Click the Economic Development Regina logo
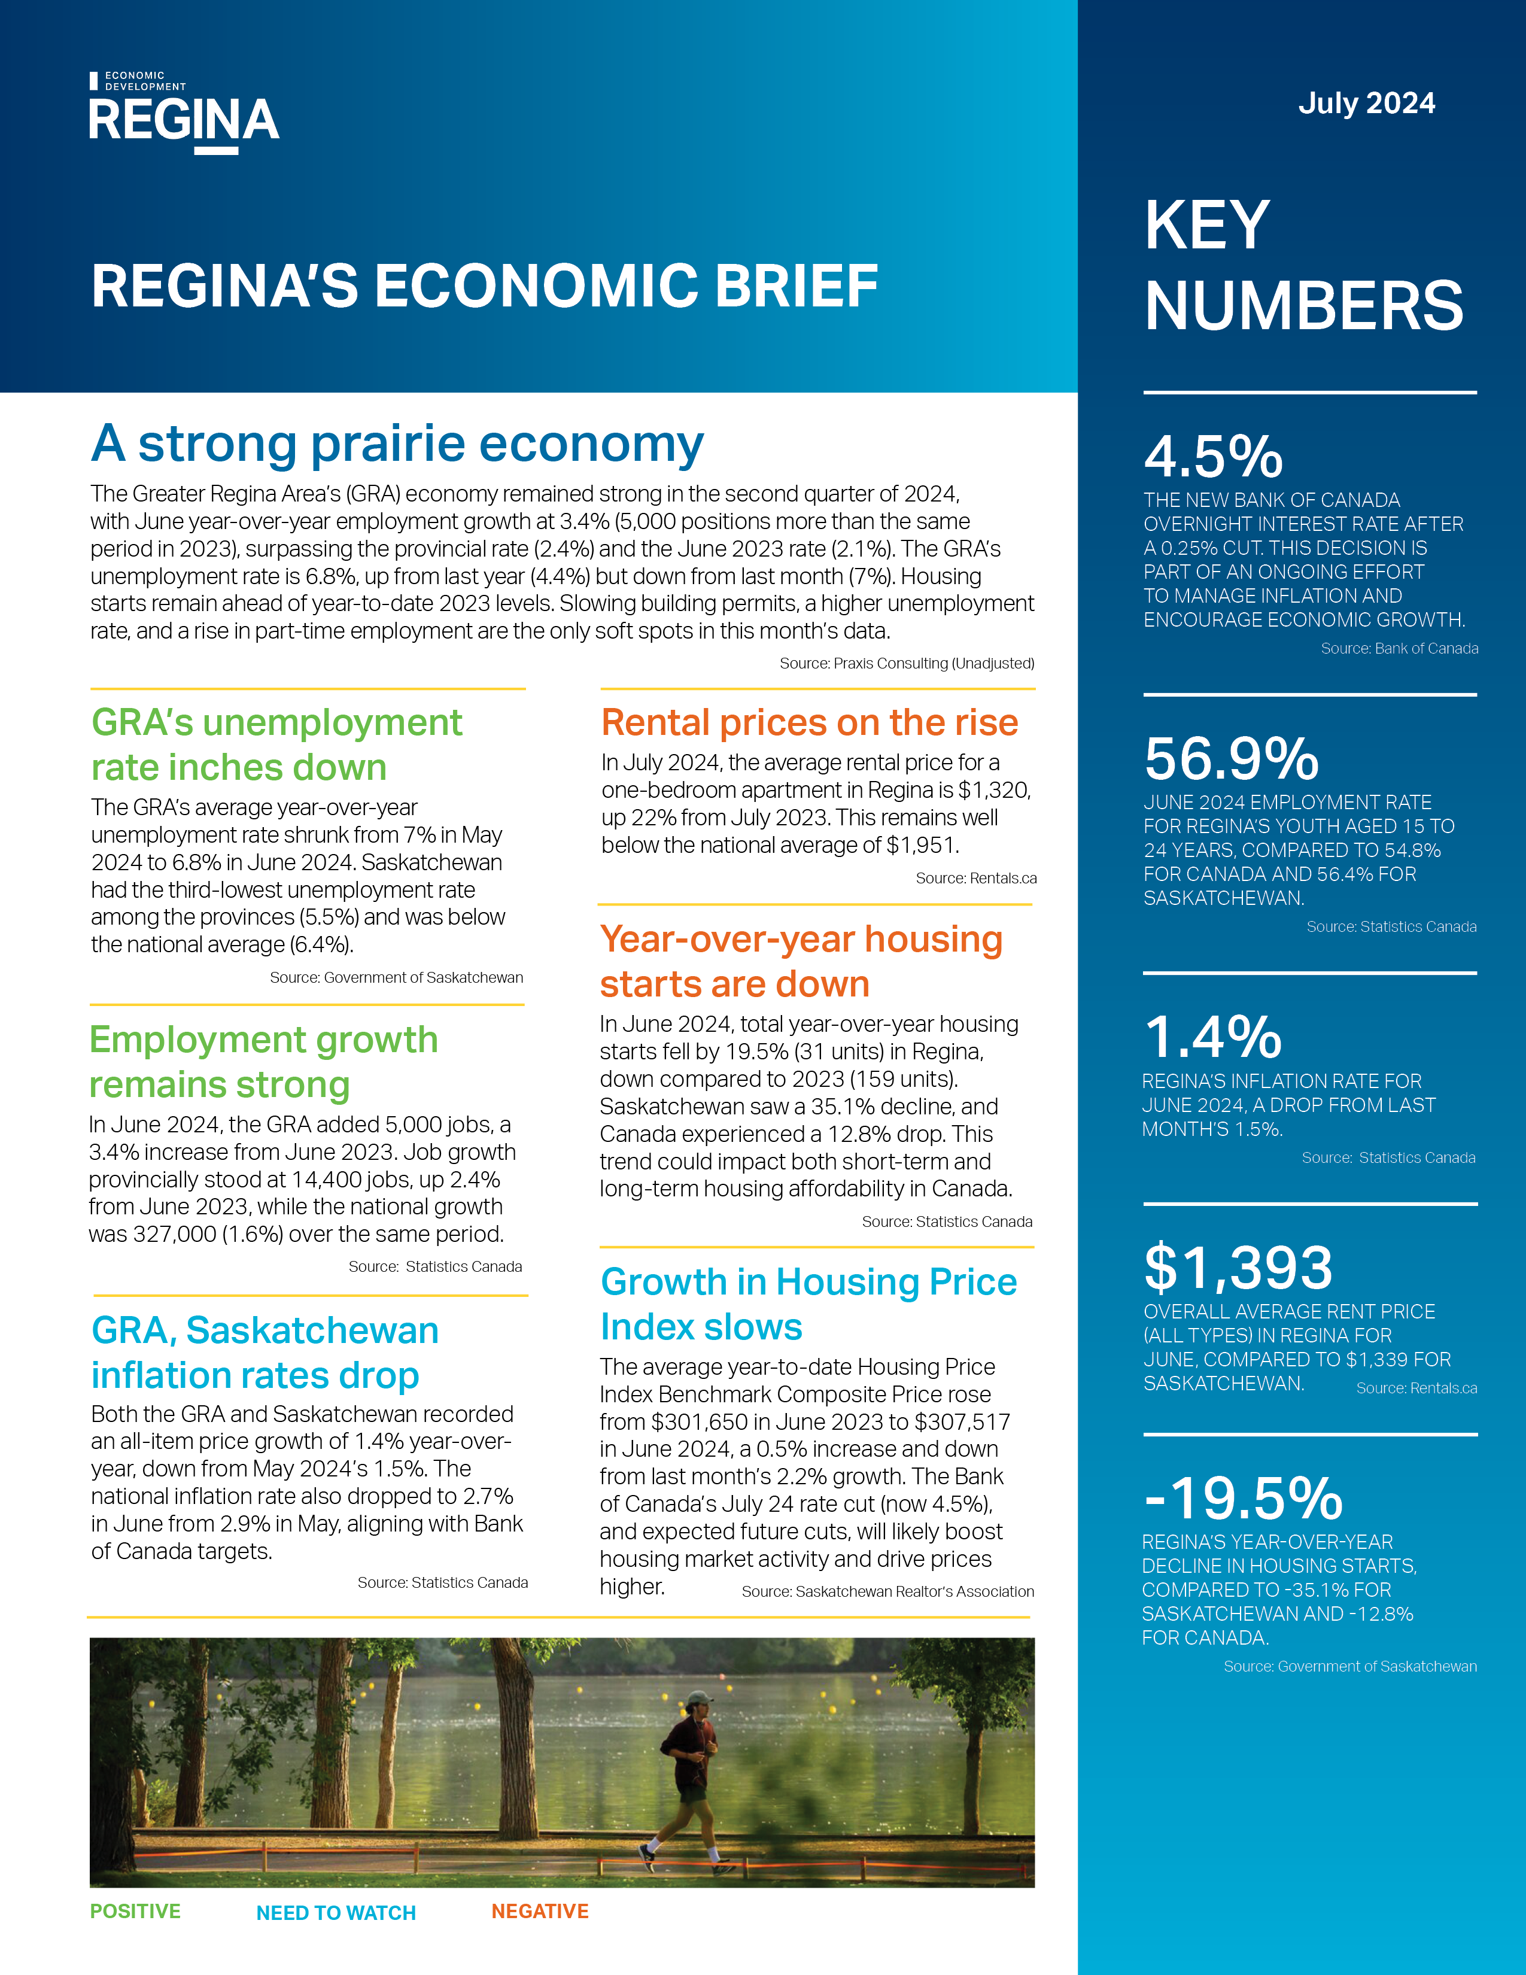click(x=184, y=113)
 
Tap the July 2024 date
click(x=1366, y=103)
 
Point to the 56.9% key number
click(x=1232, y=759)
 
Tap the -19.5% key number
click(x=1243, y=1499)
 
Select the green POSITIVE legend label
click(x=136, y=1911)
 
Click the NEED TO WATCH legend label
click(x=336, y=1913)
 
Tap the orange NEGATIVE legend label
click(x=540, y=1911)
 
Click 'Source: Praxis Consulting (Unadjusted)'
click(x=907, y=663)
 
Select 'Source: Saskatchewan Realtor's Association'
click(x=887, y=1591)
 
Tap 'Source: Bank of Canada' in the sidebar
click(x=1400, y=648)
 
